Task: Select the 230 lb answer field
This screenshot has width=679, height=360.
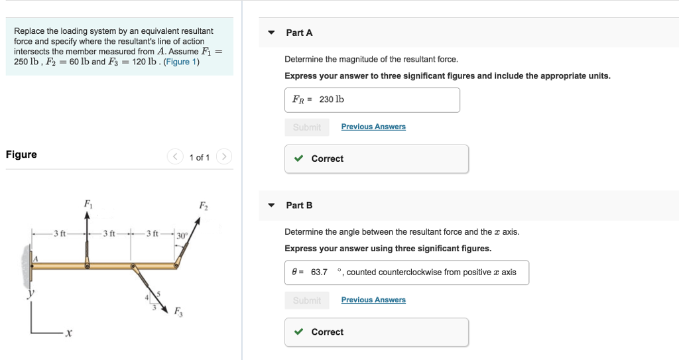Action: coord(372,100)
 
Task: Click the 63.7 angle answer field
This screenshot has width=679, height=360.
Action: coord(406,272)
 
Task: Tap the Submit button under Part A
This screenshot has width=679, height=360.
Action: coord(306,127)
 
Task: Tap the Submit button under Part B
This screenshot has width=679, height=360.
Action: coord(306,300)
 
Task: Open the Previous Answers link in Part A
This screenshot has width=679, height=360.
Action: coord(373,127)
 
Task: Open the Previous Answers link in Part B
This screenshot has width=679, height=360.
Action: coord(373,300)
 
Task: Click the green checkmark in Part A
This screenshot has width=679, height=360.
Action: coord(299,158)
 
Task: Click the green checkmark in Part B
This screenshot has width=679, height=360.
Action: coord(299,332)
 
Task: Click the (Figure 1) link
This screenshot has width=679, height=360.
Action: coord(182,62)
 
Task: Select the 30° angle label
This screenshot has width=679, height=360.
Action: coord(182,235)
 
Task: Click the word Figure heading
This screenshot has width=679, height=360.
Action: coord(21,154)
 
